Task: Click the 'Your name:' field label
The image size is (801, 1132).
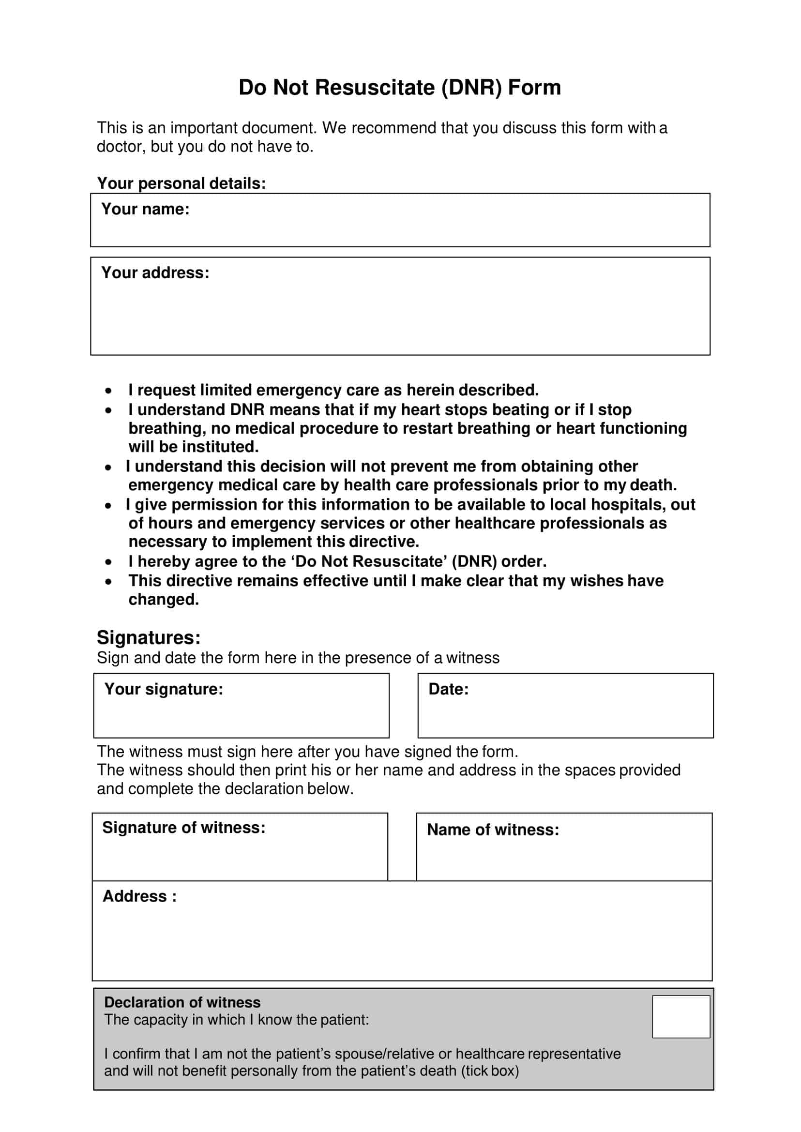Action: point(145,209)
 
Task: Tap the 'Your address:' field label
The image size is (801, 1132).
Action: point(155,273)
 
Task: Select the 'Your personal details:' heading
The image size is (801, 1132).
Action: point(181,183)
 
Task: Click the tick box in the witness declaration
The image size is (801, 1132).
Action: point(680,1017)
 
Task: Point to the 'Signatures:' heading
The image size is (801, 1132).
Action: point(149,638)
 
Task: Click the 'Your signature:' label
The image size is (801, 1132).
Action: point(163,689)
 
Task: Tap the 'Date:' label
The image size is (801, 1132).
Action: point(448,689)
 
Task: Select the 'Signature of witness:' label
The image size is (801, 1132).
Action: point(183,827)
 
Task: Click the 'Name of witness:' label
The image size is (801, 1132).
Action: point(493,830)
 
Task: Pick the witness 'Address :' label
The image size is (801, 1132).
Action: point(139,896)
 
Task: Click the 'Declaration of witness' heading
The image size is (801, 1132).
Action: point(182,1002)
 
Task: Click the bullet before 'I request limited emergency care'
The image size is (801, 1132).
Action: point(108,391)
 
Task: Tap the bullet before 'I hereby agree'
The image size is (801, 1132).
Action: point(108,562)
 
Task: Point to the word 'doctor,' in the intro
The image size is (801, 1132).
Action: point(121,147)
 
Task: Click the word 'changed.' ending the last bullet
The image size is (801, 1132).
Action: point(163,599)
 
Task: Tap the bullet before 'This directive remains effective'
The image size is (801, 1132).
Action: point(108,582)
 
